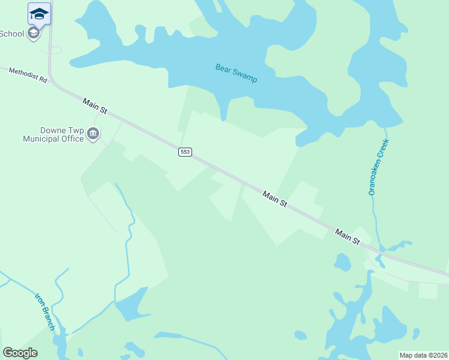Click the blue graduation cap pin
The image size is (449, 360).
(x=39, y=13)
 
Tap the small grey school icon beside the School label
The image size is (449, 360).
(x=34, y=33)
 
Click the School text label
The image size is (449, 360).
(x=11, y=34)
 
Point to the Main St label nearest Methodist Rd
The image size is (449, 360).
(x=95, y=107)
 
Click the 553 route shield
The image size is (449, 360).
(x=185, y=152)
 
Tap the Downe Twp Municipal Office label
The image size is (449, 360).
(x=53, y=135)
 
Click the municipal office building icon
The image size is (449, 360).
(x=93, y=134)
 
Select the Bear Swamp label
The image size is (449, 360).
(x=237, y=73)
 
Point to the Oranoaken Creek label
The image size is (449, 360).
(x=379, y=167)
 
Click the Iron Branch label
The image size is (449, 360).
(x=45, y=311)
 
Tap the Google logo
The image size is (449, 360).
(x=20, y=353)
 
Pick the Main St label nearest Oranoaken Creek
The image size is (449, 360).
(x=347, y=236)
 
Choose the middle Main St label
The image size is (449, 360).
(x=274, y=199)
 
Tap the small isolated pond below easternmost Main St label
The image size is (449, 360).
(x=342, y=262)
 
